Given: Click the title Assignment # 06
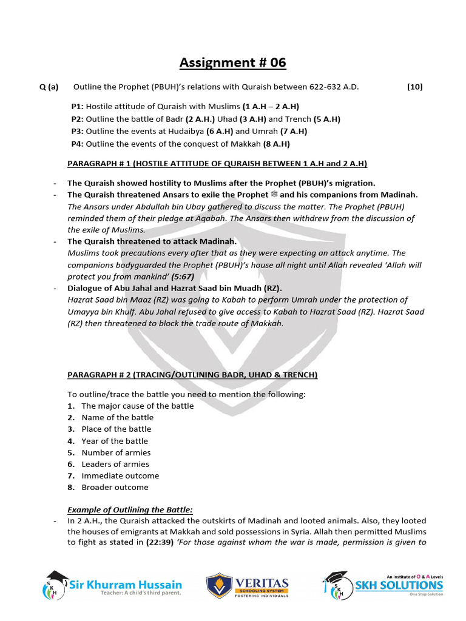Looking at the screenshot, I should tap(232, 62).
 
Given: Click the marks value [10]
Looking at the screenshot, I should tap(414, 87).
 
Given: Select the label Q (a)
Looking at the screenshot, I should tap(49, 87).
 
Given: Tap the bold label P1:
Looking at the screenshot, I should tap(77, 106).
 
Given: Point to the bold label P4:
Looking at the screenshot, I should tap(77, 144).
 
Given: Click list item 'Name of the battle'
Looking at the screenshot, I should tap(117, 417).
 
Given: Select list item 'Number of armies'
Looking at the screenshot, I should tap(116, 452).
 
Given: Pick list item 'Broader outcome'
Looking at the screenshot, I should tap(115, 487).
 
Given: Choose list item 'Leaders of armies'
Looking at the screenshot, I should tap(115, 464).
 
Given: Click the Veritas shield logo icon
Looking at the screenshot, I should tap(218, 586).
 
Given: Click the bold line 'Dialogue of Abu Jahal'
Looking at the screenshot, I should tap(174, 288).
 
